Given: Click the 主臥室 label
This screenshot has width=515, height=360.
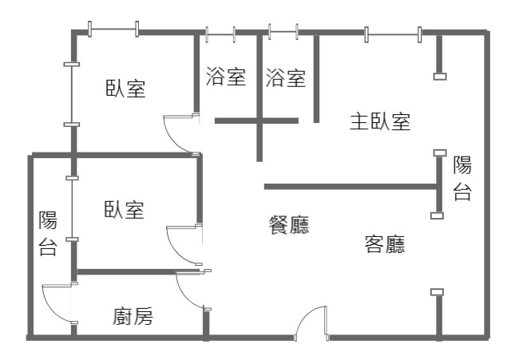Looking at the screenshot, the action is pyautogui.click(x=380, y=121).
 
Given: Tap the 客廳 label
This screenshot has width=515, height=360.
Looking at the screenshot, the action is pyautogui.click(x=385, y=243).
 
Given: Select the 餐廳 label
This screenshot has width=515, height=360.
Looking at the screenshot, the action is pyautogui.click(x=289, y=225).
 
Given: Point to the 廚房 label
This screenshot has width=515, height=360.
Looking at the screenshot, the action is pyautogui.click(x=133, y=316).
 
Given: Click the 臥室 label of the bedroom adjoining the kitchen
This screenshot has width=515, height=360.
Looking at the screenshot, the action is pyautogui.click(x=124, y=210).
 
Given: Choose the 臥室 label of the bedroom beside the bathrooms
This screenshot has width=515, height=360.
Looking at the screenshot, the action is pyautogui.click(x=125, y=88).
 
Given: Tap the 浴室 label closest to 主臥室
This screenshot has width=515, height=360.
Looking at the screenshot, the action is pyautogui.click(x=285, y=78).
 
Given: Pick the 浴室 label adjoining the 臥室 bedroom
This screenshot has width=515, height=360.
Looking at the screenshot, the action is pyautogui.click(x=226, y=76).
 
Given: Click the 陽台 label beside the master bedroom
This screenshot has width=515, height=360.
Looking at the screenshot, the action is pyautogui.click(x=462, y=178).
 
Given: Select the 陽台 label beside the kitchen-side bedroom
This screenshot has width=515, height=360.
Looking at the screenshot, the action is pyautogui.click(x=48, y=233).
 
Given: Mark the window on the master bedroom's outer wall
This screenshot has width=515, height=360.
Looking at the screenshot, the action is pyautogui.click(x=393, y=34).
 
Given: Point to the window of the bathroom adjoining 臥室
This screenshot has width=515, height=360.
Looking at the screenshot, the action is pyautogui.click(x=220, y=34).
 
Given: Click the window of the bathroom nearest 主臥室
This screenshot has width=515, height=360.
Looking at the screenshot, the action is pyautogui.click(x=283, y=32).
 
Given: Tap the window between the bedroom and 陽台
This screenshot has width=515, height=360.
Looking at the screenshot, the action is pyautogui.click(x=72, y=209).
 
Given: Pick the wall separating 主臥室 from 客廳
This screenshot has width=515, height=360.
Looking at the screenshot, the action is pyautogui.click(x=351, y=187).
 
